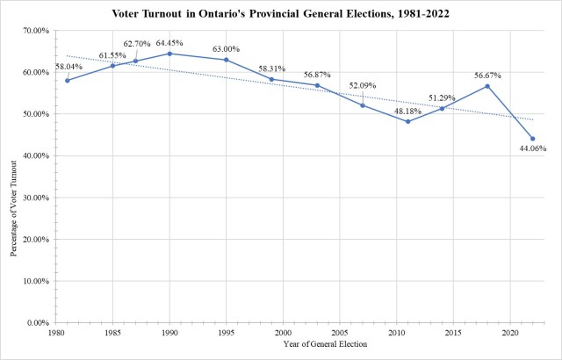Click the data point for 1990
[x=169, y=54]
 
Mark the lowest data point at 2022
[x=532, y=139]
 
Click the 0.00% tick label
[x=35, y=323]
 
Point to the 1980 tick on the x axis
[x=56, y=334]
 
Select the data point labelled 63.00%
[x=227, y=60]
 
